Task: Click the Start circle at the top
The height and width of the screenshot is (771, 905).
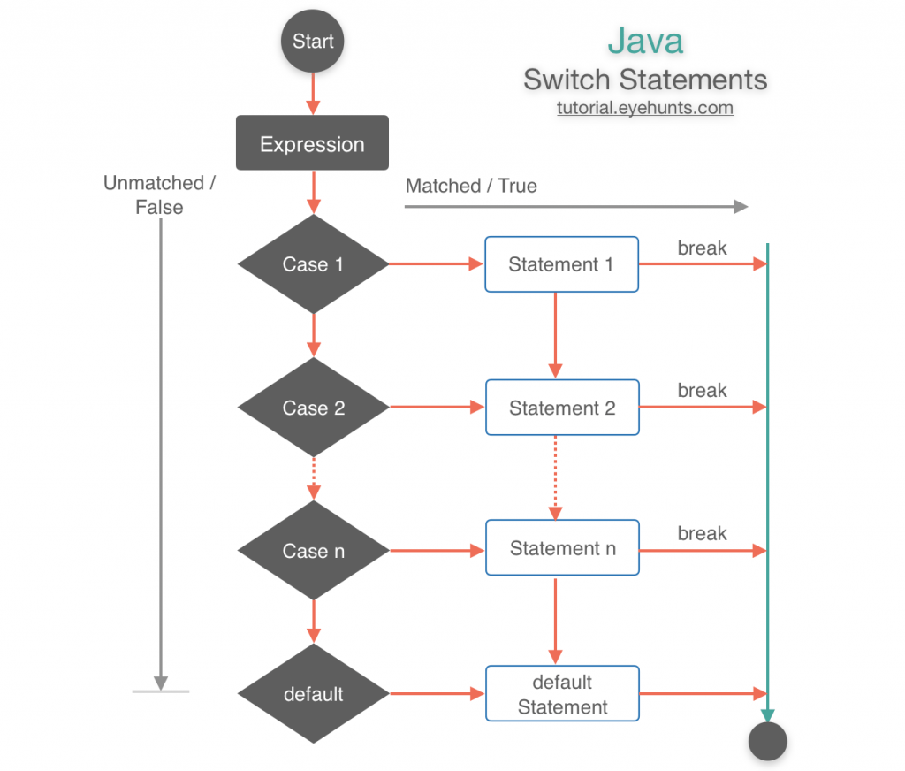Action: click(312, 41)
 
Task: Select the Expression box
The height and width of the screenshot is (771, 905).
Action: click(312, 143)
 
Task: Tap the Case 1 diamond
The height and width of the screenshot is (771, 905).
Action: click(313, 264)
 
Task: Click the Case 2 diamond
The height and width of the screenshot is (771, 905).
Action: click(313, 408)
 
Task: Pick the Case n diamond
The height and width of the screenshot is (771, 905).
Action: click(313, 551)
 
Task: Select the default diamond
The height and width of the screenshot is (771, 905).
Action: click(313, 694)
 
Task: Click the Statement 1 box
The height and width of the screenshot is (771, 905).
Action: click(561, 264)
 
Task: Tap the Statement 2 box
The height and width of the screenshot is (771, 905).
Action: click(561, 408)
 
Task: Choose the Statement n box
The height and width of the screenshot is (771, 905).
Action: click(561, 549)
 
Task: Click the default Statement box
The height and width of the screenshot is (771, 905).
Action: click(561, 694)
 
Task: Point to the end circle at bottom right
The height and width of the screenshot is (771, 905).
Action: click(767, 741)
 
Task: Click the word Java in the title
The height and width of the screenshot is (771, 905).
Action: click(645, 41)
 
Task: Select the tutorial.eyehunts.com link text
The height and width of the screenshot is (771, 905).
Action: click(645, 109)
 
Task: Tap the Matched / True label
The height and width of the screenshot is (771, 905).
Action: click(471, 186)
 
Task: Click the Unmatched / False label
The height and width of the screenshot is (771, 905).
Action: click(159, 195)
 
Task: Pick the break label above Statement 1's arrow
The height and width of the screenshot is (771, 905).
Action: click(702, 248)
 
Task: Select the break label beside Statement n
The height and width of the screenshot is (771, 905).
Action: click(702, 533)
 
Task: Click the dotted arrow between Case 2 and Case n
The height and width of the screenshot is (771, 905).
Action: click(313, 478)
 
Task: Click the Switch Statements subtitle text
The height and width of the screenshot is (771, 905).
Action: click(645, 80)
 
